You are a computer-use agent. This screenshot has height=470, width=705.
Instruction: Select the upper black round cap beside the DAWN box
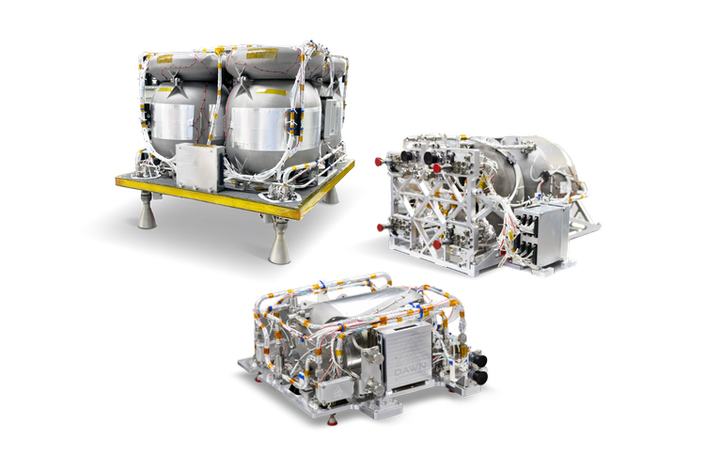coord(479,358)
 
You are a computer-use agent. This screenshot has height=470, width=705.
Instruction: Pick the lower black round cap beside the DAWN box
coord(480,377)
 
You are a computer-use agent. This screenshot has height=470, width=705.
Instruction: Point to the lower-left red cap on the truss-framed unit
coord(378,226)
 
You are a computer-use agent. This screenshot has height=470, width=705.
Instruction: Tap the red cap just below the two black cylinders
coord(438,169)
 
